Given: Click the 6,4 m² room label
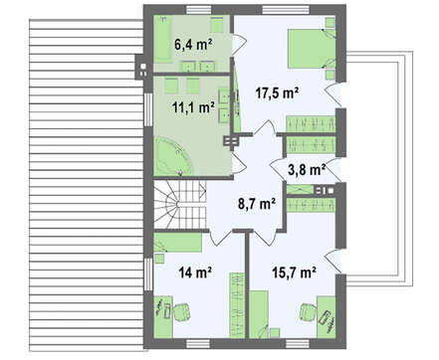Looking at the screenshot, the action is [x=193, y=44].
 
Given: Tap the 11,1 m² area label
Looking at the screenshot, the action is [x=193, y=107].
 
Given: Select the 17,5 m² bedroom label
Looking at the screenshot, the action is [x=278, y=93].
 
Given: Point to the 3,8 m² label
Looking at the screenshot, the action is [x=307, y=170].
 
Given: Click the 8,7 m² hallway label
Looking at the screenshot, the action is [x=257, y=204].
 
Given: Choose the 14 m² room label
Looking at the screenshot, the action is [x=195, y=272].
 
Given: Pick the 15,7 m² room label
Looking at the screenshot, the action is [x=294, y=272].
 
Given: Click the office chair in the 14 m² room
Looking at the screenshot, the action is [x=182, y=312].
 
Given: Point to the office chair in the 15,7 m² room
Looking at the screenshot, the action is [x=308, y=313].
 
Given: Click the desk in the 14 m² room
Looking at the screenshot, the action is [x=163, y=317].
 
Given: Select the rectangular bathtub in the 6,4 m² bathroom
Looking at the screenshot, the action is [x=162, y=39].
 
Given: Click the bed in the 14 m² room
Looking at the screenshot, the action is [x=178, y=243].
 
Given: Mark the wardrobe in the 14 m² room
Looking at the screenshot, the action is [x=237, y=305].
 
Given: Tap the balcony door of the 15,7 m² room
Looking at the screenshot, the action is [x=332, y=261].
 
